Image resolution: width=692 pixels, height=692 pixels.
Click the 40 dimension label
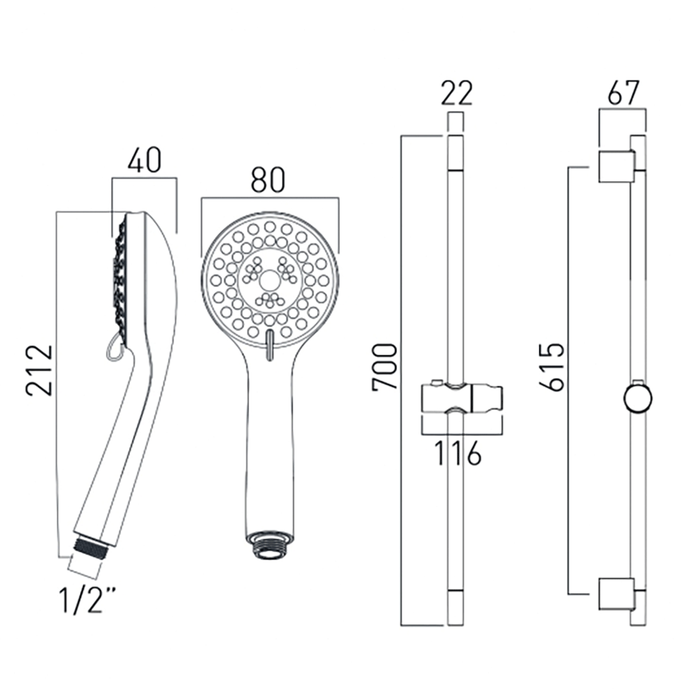[145, 161]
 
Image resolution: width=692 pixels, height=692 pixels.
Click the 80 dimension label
[268, 181]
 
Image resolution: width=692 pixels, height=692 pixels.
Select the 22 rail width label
[457, 93]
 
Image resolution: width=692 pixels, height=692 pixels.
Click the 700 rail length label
[385, 366]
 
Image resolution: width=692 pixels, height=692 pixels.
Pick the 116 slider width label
[457, 454]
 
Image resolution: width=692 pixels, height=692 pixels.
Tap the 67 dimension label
[624, 93]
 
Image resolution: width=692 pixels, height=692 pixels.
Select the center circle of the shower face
[268, 280]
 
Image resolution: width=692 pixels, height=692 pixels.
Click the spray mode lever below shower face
[268, 343]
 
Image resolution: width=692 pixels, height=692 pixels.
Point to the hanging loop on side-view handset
[113, 348]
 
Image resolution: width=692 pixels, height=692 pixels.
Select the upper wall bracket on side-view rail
[615, 166]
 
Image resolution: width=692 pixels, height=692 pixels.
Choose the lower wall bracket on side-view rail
[615, 592]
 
